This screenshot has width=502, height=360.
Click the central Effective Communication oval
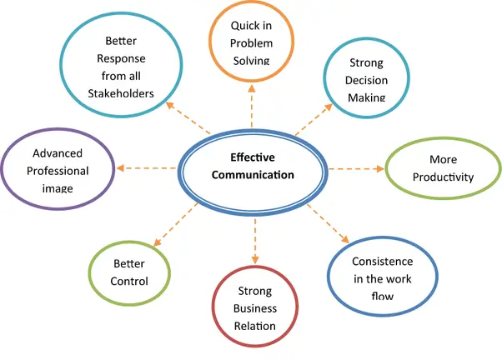point(252,167)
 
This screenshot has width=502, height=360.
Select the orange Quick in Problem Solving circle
point(252,41)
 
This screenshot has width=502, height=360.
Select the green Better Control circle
point(129,272)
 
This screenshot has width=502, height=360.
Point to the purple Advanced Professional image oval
point(59,170)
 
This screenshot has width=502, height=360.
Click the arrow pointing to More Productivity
point(356,169)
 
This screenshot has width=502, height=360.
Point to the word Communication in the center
point(253,175)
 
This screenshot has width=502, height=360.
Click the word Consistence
point(383,261)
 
